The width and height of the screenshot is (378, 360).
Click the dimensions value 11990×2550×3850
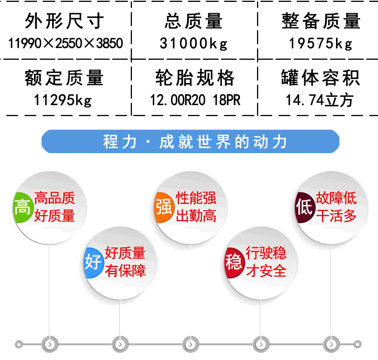click(65, 43)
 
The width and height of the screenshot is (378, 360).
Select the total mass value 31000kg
click(194, 43)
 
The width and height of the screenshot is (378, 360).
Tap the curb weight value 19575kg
click(321, 43)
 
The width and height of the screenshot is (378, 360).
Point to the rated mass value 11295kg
click(63, 100)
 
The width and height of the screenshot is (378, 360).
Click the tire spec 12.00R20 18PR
click(195, 100)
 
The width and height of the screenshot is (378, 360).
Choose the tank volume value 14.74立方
click(320, 100)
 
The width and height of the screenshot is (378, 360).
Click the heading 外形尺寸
click(64, 21)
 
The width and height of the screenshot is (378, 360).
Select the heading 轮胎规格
click(195, 78)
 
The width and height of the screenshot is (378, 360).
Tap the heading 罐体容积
click(321, 78)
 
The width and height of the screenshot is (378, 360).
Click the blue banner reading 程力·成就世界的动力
click(191, 141)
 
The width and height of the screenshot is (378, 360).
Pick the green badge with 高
click(22, 207)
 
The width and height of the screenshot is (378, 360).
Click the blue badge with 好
click(93, 262)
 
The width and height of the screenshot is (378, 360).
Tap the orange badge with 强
click(164, 207)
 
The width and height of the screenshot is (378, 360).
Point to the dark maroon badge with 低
click(304, 207)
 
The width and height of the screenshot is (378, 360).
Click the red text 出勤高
click(196, 216)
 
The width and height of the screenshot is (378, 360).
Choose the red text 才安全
click(266, 270)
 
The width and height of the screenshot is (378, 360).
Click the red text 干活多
click(336, 216)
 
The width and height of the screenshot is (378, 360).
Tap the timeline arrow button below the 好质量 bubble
click(120, 344)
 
